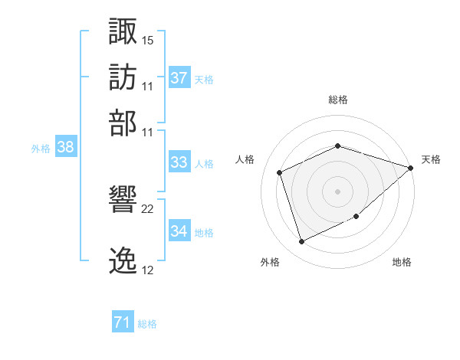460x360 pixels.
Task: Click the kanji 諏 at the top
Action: [x=123, y=31]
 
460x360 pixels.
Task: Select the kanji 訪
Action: [x=123, y=77]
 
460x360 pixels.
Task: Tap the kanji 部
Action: [x=123, y=123]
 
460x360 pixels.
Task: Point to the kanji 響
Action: [x=123, y=199]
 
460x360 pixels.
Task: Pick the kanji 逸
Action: [x=123, y=260]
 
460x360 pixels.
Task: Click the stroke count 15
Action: [x=147, y=41]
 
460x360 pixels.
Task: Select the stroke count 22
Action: [x=147, y=209]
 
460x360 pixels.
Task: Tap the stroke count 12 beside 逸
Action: [x=147, y=270]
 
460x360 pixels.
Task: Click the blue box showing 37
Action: [x=179, y=77]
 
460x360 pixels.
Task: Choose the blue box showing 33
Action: [x=179, y=162]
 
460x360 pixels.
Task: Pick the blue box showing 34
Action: [x=179, y=230]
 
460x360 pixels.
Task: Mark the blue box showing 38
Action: [x=66, y=146]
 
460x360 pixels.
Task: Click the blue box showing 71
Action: [x=123, y=321]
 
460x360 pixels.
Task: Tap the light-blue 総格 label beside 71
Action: [x=147, y=324]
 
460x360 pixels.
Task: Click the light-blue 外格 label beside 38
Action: [x=41, y=149]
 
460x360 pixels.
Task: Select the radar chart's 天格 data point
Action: [x=410, y=168]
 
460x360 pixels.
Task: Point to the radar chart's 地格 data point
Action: [x=356, y=216]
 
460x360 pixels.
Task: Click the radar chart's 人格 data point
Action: [x=280, y=172]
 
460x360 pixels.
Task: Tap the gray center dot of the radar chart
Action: [x=337, y=191]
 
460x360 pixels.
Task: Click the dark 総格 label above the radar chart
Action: [x=338, y=100]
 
